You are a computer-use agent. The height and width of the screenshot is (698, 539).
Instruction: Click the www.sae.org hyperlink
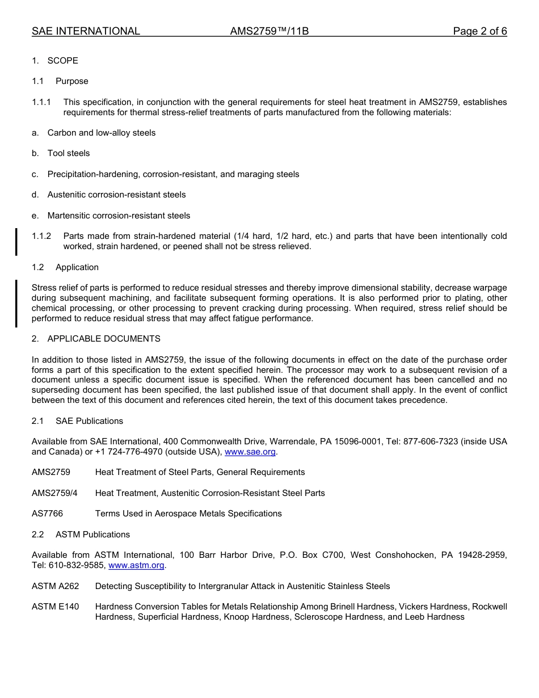[x=250, y=452]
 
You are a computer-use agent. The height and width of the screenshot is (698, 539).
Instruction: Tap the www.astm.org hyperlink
[x=136, y=565]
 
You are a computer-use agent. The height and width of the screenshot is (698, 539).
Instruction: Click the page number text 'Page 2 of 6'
[x=479, y=31]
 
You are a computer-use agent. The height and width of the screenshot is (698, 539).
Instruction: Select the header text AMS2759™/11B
[x=269, y=31]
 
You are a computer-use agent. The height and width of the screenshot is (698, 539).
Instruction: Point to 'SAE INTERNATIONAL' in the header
[x=86, y=31]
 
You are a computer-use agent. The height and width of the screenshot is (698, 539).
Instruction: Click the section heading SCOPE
[x=62, y=61]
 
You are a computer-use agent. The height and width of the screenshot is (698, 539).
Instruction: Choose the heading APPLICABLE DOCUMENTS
[x=104, y=339]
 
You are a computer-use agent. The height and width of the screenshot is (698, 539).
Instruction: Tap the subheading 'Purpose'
[x=72, y=81]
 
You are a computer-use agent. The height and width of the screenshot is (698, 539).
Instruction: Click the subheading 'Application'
[x=77, y=267]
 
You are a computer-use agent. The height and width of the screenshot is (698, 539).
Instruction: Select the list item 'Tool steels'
[x=69, y=153]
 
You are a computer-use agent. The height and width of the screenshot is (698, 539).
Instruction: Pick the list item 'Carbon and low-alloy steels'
[x=102, y=133]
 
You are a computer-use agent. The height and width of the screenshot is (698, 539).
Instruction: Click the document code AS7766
[x=47, y=514]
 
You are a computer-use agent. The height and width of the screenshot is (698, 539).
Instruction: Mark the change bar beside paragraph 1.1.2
[x=16, y=241]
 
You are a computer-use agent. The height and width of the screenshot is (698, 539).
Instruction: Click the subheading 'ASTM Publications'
[x=92, y=535]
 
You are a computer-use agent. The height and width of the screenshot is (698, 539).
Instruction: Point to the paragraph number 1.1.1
[x=41, y=102]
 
